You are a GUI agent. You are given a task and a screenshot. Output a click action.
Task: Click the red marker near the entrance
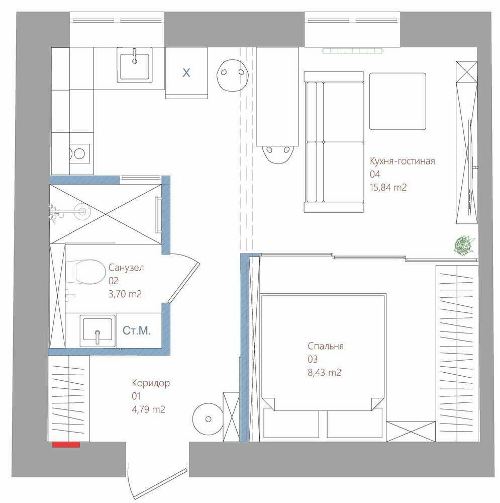click(66, 444)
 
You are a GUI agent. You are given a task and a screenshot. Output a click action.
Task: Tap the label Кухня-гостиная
click(402, 161)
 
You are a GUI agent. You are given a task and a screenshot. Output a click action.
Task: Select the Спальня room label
click(326, 346)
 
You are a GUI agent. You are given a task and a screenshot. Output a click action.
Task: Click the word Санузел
click(126, 267)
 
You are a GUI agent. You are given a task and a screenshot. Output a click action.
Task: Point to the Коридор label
click(151, 383)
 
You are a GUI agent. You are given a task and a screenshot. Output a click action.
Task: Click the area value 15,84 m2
click(388, 187)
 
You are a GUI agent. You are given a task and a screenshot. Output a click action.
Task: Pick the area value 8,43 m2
click(324, 372)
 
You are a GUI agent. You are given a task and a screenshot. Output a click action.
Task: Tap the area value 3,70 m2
click(125, 294)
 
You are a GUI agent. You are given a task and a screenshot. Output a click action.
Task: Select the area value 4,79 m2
click(148, 409)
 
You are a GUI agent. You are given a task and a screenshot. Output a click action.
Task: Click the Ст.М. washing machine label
click(137, 330)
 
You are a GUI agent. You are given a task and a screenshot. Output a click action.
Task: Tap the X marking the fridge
click(186, 73)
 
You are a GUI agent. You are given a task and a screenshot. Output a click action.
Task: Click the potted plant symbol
click(464, 245)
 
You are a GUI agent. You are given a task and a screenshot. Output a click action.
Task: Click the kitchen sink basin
click(135, 66)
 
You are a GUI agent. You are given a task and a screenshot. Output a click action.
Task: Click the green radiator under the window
click(353, 51)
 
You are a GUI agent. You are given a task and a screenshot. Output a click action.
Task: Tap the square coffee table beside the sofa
click(398, 102)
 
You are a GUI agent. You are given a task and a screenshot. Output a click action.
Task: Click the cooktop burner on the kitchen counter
click(79, 154)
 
